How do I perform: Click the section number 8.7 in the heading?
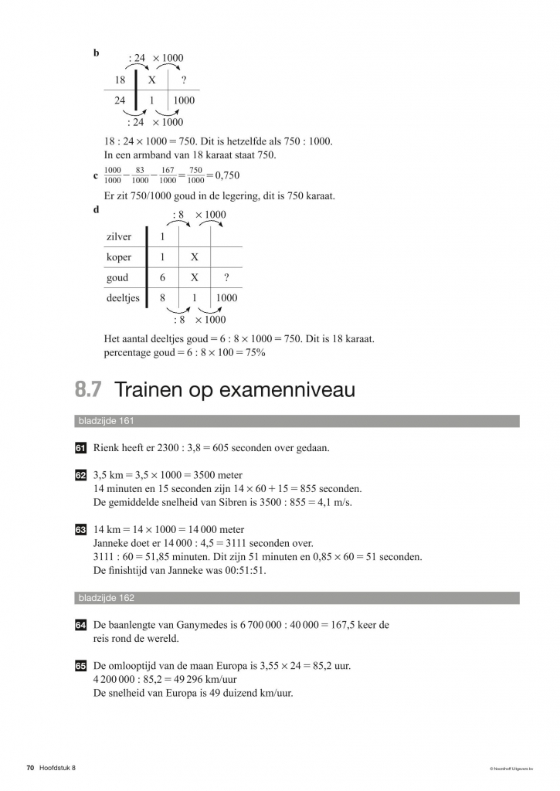tap(87, 391)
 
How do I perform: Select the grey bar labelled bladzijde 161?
tap(297, 421)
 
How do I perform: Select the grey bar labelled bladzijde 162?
tap(297, 598)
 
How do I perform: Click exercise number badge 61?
tap(80, 448)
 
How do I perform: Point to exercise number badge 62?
tap(80, 475)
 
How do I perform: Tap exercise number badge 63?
tap(80, 530)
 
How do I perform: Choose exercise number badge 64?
tap(80, 625)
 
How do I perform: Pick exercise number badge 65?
tap(80, 665)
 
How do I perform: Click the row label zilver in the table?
tap(118, 237)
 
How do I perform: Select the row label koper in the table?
tap(118, 257)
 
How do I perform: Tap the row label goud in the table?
tap(117, 277)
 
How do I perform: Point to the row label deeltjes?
tap(122, 297)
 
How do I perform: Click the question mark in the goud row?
tap(226, 277)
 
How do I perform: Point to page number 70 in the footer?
tap(30, 767)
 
